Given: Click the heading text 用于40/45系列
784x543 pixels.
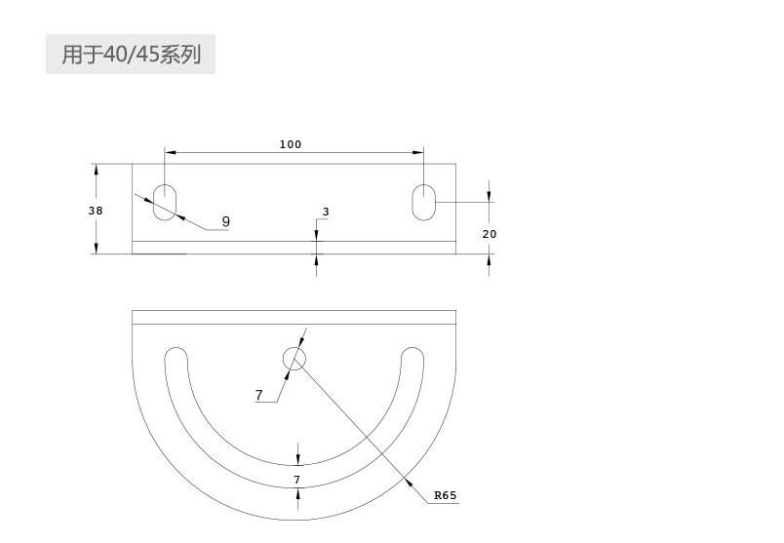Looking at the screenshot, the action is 131,54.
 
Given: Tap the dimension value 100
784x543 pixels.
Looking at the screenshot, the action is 291,144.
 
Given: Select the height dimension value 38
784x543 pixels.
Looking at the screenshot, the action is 96,211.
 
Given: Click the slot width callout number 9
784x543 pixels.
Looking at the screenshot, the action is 226,221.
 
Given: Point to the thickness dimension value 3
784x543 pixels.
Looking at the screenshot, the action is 326,212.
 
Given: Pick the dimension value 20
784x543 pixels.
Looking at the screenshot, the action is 490,234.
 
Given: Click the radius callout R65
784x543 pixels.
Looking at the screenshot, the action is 445,495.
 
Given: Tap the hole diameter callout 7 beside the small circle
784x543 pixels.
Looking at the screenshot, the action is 258,395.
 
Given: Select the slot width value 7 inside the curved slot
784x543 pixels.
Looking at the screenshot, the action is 297,480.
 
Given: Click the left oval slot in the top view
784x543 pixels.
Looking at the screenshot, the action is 165,202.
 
